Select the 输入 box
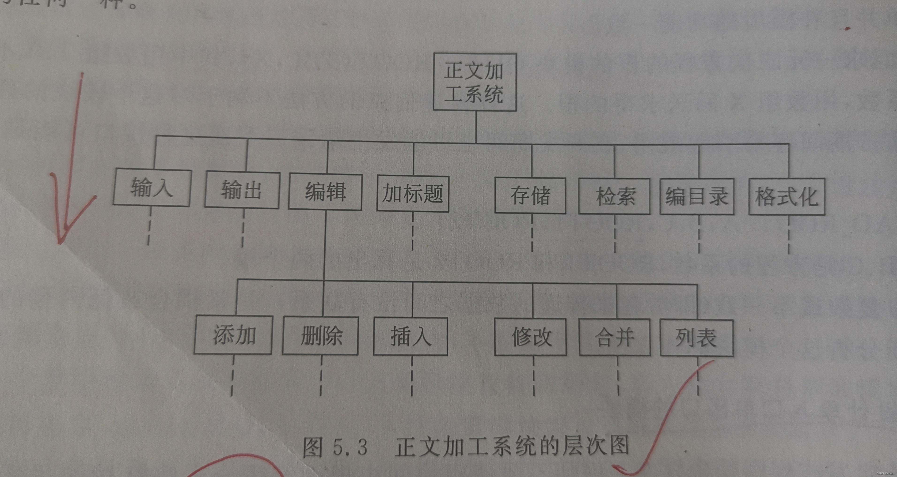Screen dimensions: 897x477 click(x=152, y=188)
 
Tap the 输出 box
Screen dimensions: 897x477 click(x=242, y=190)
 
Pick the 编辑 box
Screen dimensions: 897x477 click(x=325, y=192)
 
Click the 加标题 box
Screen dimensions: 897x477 click(x=413, y=194)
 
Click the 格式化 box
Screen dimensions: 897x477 click(x=787, y=197)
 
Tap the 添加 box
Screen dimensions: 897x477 click(x=233, y=335)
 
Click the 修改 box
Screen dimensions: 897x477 click(x=530, y=337)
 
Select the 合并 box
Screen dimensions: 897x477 click(x=615, y=338)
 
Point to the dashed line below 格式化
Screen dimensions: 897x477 click(x=788, y=235)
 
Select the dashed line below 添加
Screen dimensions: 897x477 click(x=232, y=376)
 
